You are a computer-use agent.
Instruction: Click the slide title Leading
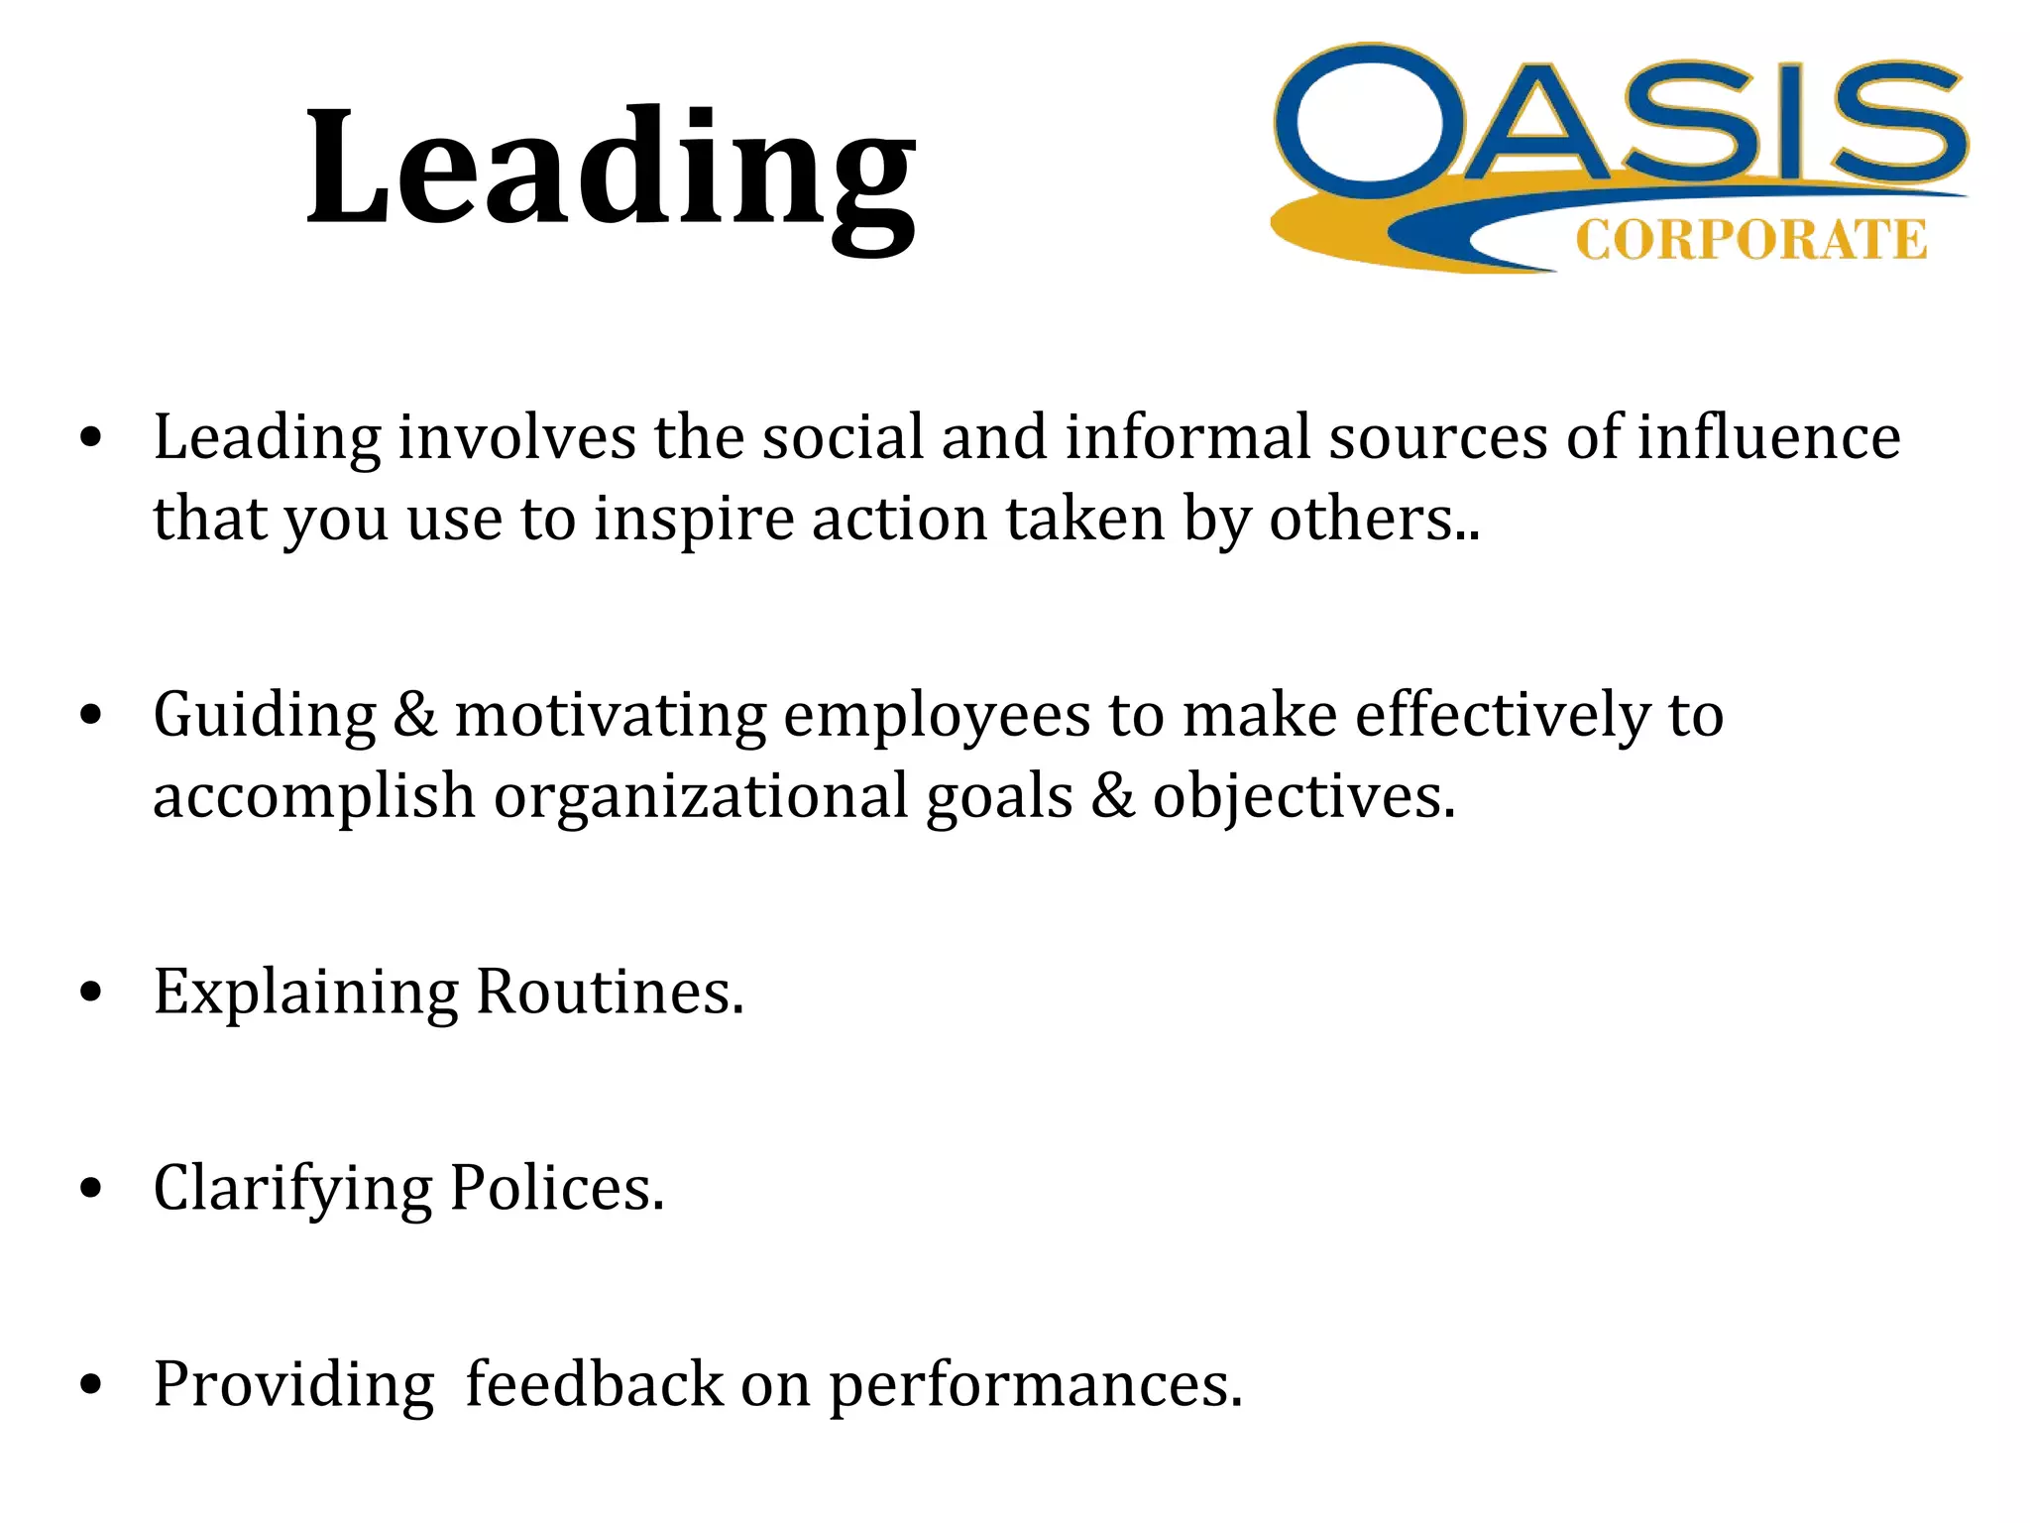point(611,171)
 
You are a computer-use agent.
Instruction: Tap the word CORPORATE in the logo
point(1750,241)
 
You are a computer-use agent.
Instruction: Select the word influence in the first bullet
point(1768,437)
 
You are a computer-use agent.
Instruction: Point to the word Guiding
point(265,716)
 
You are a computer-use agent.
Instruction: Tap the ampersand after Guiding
point(415,716)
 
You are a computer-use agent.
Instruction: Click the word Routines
point(610,992)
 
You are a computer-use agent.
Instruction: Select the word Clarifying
point(292,1189)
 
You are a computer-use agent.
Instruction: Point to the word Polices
point(556,1188)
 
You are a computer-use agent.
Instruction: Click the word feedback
point(594,1384)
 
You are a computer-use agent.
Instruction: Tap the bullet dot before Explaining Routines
point(91,993)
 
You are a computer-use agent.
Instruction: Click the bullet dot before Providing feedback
point(91,1385)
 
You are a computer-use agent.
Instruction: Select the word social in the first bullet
point(842,437)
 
